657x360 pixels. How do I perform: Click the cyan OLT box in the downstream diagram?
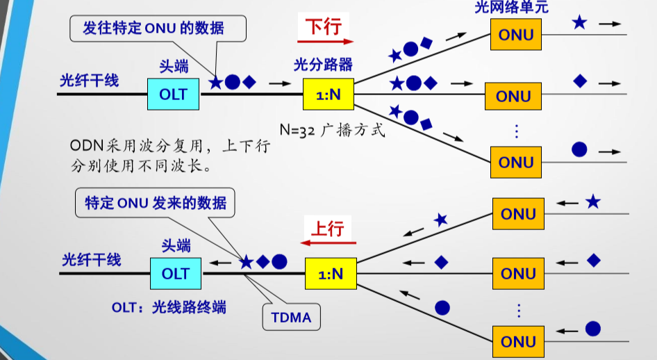click(x=173, y=94)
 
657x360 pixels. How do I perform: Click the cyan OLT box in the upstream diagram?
click(x=175, y=274)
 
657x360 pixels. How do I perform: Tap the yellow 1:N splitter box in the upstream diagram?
click(x=331, y=274)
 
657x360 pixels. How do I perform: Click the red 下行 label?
click(x=324, y=26)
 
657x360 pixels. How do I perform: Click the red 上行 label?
click(x=326, y=227)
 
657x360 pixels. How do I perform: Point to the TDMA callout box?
click(x=291, y=318)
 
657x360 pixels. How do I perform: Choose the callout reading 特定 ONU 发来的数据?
click(x=156, y=203)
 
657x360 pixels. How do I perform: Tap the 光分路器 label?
click(x=323, y=65)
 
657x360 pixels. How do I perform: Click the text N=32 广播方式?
click(x=332, y=130)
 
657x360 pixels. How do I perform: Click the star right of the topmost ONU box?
click(x=579, y=23)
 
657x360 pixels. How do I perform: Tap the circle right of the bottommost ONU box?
click(x=592, y=329)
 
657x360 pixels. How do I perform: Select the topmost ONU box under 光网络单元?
click(x=516, y=34)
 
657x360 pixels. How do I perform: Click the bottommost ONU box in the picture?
click(x=518, y=342)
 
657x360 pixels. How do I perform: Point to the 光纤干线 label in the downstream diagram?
click(x=89, y=80)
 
